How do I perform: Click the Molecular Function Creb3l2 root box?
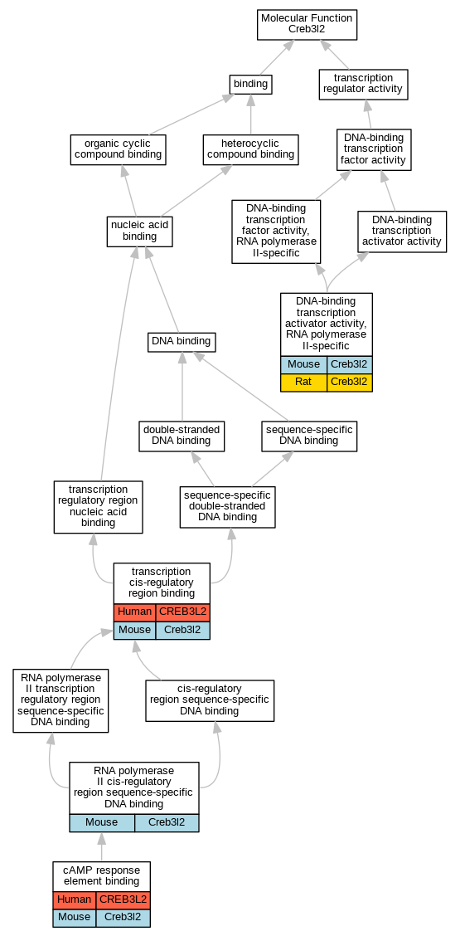pyautogui.click(x=307, y=25)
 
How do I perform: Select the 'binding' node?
pyautogui.click(x=250, y=84)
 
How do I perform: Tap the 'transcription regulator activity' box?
pyautogui.click(x=363, y=84)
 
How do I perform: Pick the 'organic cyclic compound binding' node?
pyautogui.click(x=118, y=149)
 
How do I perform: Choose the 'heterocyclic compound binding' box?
pyautogui.click(x=250, y=149)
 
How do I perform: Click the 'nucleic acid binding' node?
pyautogui.click(x=139, y=231)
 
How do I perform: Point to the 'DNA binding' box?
pyautogui.click(x=182, y=342)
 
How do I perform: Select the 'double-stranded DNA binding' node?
pyautogui.click(x=182, y=436)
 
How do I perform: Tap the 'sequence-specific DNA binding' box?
pyautogui.click(x=309, y=436)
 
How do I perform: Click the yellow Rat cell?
pyautogui.click(x=303, y=383)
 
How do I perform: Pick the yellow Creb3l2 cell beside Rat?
pyautogui.click(x=350, y=383)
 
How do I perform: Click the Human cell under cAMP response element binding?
pyautogui.click(x=75, y=899)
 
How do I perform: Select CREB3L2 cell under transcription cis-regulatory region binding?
pyautogui.click(x=182, y=612)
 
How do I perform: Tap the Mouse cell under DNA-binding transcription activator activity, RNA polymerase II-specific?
pyautogui.click(x=303, y=365)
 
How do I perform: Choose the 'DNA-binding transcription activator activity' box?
pyautogui.click(x=402, y=231)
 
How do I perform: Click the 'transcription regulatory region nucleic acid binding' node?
pyautogui.click(x=99, y=507)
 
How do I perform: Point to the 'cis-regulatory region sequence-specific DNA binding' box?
pyautogui.click(x=210, y=700)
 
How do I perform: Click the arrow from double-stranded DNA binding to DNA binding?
pyautogui.click(x=182, y=386)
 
